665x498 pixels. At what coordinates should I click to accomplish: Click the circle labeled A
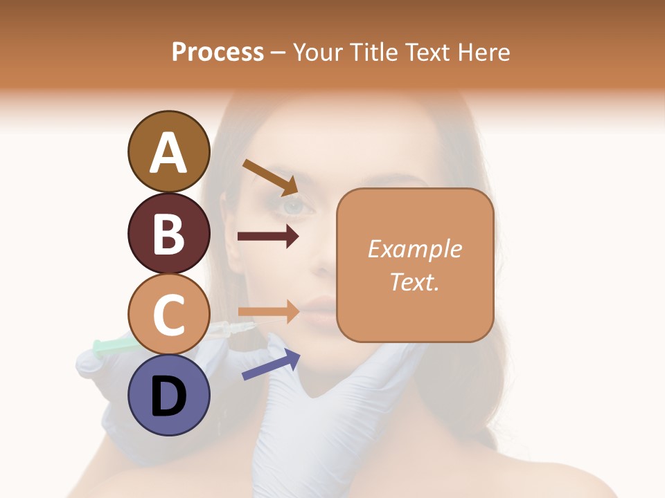click(168, 151)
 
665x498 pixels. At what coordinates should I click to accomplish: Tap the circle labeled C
click(168, 315)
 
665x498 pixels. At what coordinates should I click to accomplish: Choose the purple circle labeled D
click(168, 396)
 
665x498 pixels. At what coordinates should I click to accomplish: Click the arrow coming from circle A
click(270, 176)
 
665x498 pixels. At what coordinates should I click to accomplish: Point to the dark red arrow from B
click(268, 237)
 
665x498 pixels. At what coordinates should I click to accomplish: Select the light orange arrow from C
click(268, 312)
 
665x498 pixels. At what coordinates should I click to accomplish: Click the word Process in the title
click(218, 53)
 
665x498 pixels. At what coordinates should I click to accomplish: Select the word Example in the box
click(414, 249)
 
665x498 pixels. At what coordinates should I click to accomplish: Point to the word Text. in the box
click(414, 282)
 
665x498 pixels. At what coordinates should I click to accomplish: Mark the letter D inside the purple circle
click(168, 397)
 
